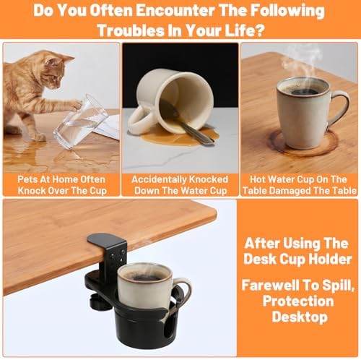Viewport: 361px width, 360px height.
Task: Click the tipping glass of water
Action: (81, 121)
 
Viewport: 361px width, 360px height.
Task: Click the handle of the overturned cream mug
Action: (140, 119)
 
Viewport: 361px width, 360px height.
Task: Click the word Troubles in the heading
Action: (130, 30)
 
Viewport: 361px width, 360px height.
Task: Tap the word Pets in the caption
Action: (27, 179)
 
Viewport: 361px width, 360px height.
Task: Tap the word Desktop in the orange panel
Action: (300, 317)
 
